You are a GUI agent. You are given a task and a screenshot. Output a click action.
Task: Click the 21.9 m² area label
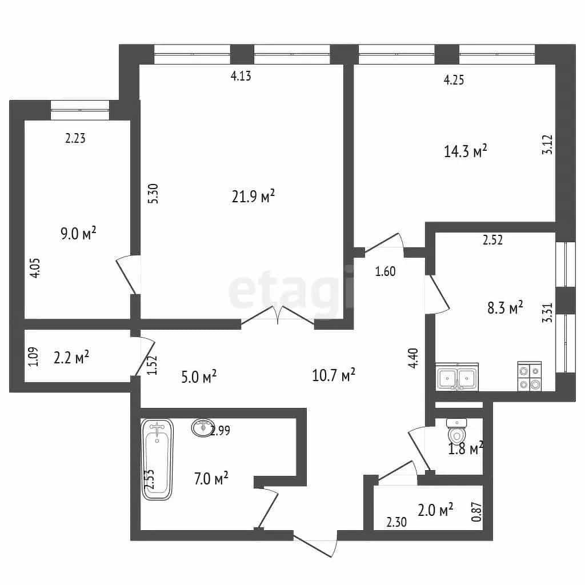(x=253, y=197)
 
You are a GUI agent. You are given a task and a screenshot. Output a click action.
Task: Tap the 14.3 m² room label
(x=466, y=151)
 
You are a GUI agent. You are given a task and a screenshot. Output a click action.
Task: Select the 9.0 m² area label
(x=78, y=234)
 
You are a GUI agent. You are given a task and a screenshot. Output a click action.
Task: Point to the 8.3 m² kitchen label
(x=505, y=308)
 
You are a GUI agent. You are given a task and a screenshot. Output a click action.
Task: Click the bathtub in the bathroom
(x=158, y=459)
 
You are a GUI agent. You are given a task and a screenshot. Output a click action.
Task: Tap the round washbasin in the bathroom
(x=203, y=427)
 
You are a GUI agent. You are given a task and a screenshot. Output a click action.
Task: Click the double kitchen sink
(x=457, y=377)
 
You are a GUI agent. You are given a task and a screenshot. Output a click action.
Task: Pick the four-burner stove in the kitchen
(x=530, y=376)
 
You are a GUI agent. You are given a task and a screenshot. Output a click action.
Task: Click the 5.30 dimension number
(x=153, y=193)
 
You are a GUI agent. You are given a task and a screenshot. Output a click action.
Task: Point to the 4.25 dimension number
(x=454, y=80)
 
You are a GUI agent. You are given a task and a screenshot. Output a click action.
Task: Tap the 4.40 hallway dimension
(x=414, y=358)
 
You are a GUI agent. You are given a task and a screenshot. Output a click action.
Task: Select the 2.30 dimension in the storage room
(x=396, y=522)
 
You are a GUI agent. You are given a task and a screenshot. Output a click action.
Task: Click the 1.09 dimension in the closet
(x=34, y=356)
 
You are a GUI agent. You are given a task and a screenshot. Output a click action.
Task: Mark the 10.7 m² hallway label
(x=334, y=375)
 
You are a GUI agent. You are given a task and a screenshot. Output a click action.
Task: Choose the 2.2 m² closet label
(x=71, y=357)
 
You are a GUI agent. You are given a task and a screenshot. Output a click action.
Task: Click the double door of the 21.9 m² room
(x=278, y=315)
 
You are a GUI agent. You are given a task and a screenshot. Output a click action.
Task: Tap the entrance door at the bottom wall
(x=315, y=544)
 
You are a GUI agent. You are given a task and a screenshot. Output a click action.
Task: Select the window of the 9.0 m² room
(x=80, y=110)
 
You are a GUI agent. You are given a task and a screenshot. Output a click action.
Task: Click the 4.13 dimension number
(x=241, y=76)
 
